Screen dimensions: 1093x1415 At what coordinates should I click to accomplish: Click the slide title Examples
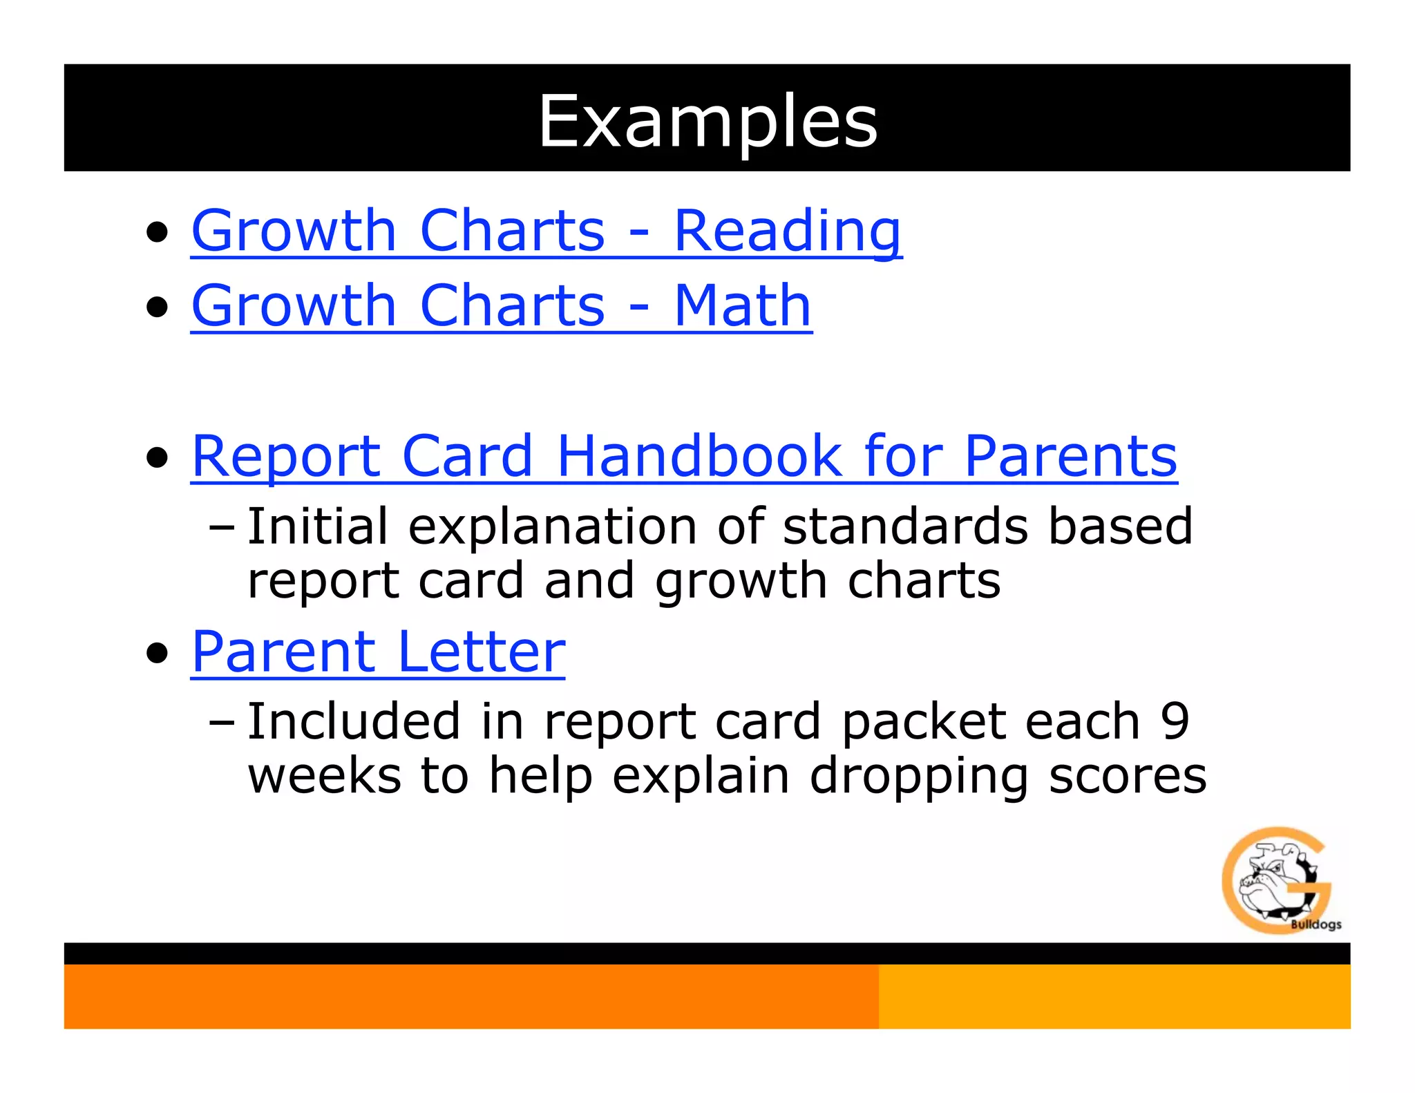[707, 121]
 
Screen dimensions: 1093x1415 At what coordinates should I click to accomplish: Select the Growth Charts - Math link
[501, 305]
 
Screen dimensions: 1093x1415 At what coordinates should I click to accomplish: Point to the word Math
[743, 305]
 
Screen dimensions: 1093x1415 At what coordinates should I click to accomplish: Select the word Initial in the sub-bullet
[317, 526]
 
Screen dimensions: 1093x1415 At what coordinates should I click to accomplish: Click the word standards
[905, 526]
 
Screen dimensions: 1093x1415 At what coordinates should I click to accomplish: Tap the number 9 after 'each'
[1175, 721]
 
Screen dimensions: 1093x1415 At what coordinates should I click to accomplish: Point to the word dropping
[919, 777]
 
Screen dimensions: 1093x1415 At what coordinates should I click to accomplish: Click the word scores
[1128, 777]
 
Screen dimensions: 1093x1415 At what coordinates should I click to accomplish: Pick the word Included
[353, 721]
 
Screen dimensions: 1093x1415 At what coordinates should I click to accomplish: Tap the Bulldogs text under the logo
[1316, 924]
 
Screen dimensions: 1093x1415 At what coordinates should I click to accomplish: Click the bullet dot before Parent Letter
[158, 653]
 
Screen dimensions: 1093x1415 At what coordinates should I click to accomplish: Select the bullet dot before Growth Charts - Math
[158, 307]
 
